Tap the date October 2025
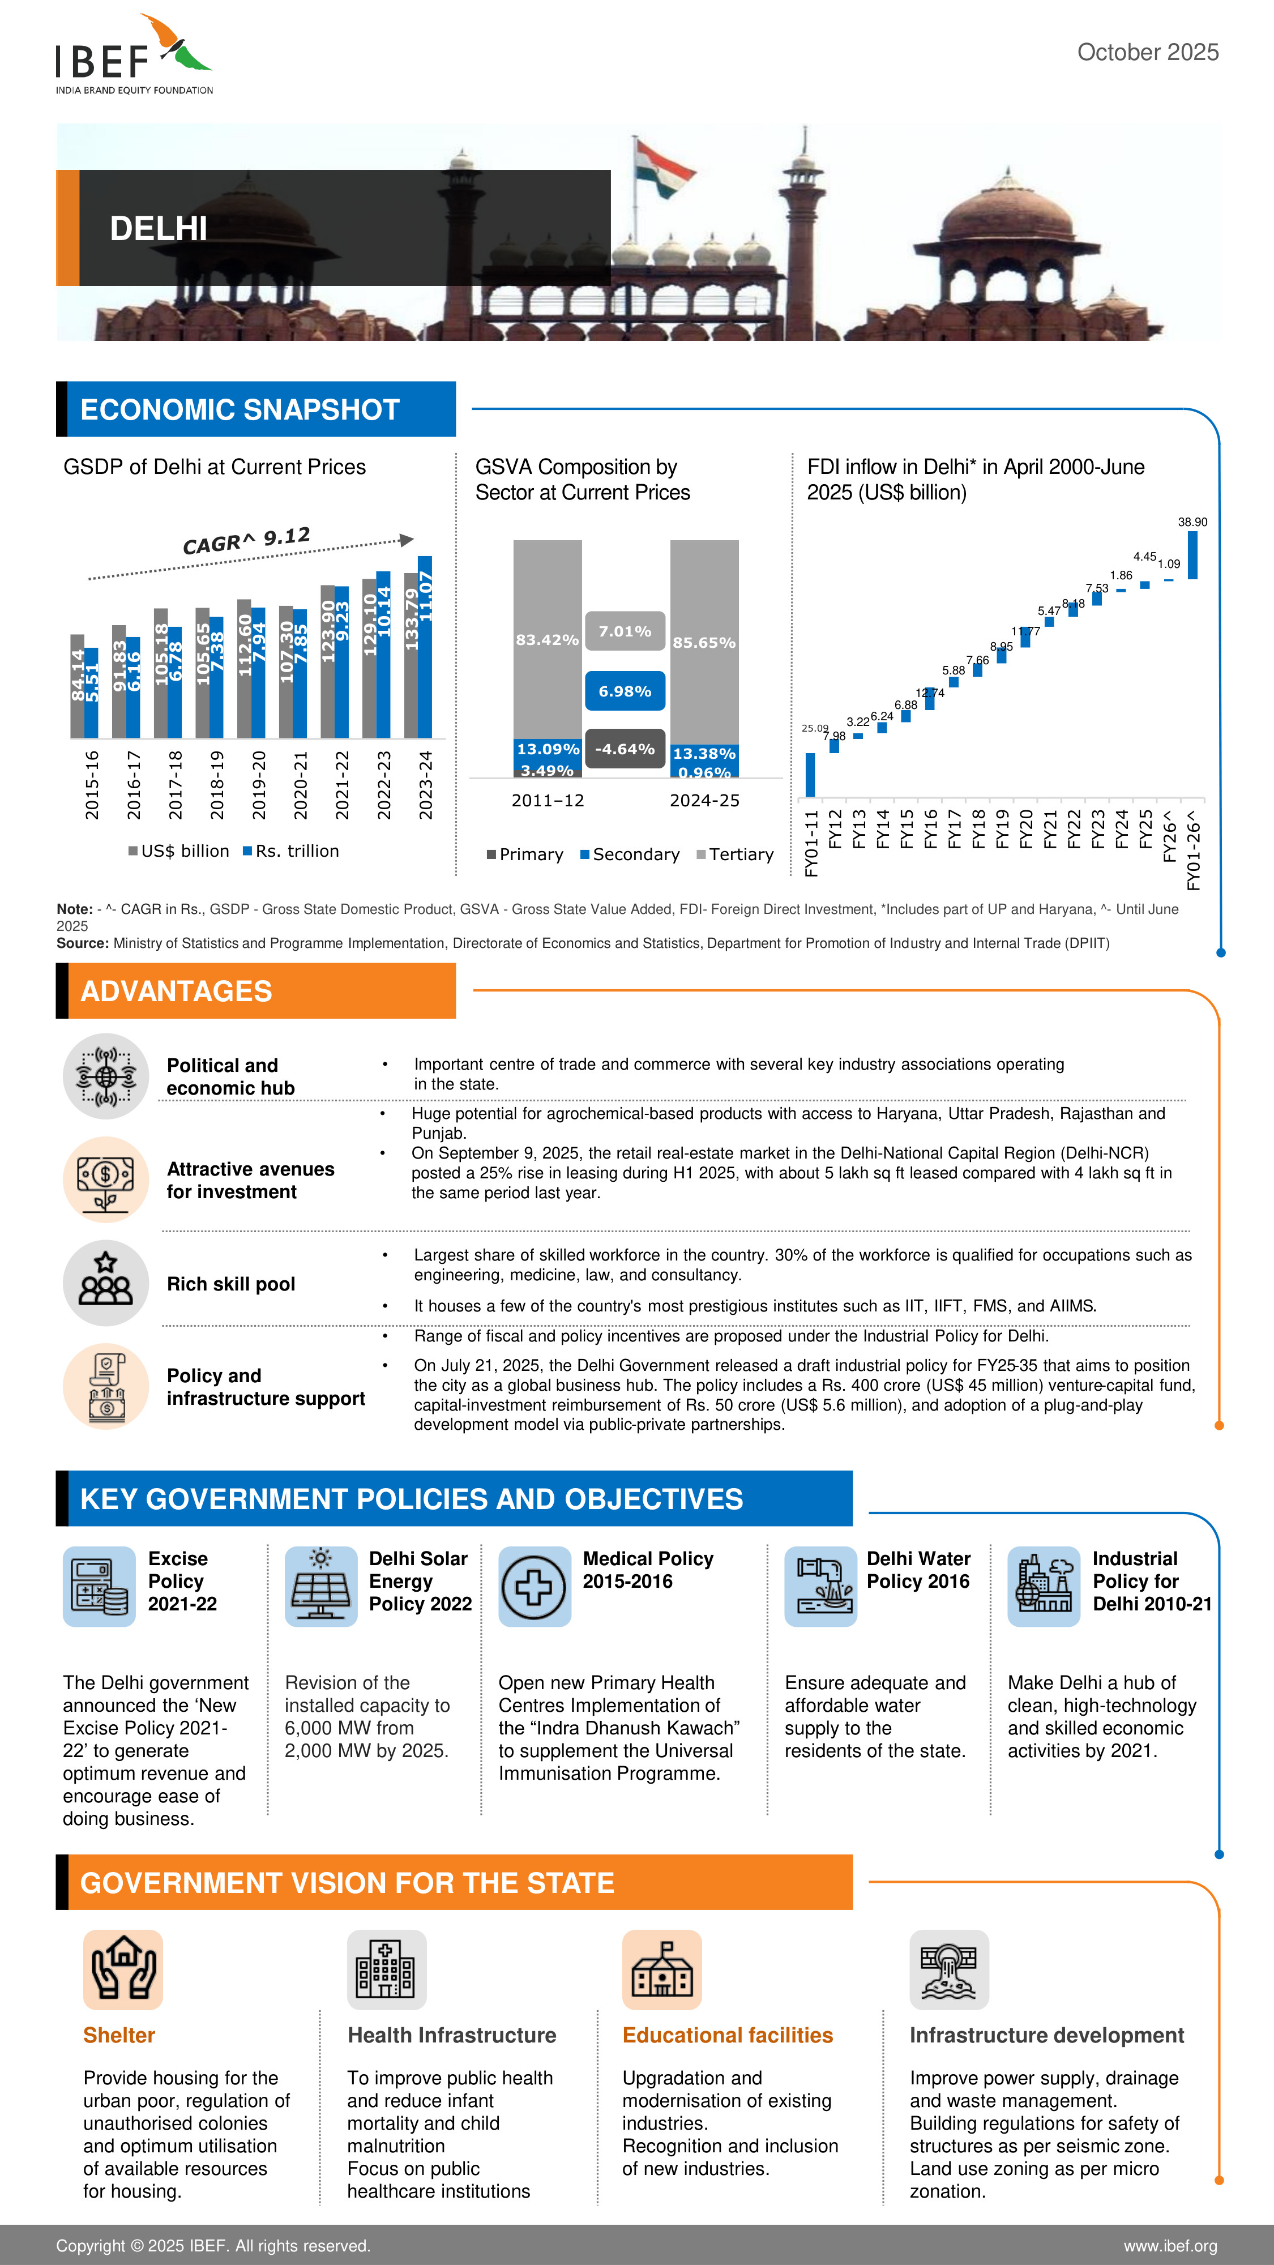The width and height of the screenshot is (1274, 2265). pos(1147,53)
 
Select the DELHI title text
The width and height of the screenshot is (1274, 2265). pos(159,229)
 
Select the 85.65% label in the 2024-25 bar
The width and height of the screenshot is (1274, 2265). pos(703,643)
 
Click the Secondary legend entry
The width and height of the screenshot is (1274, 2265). pos(630,854)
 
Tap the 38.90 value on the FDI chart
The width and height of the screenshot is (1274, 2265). pos(1192,522)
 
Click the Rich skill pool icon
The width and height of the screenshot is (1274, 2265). pos(105,1283)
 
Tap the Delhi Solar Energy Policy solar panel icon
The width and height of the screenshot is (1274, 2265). pos(321,1586)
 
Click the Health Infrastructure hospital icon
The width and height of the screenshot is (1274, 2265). pos(386,1969)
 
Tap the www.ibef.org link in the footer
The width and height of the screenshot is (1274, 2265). pos(1169,2246)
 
